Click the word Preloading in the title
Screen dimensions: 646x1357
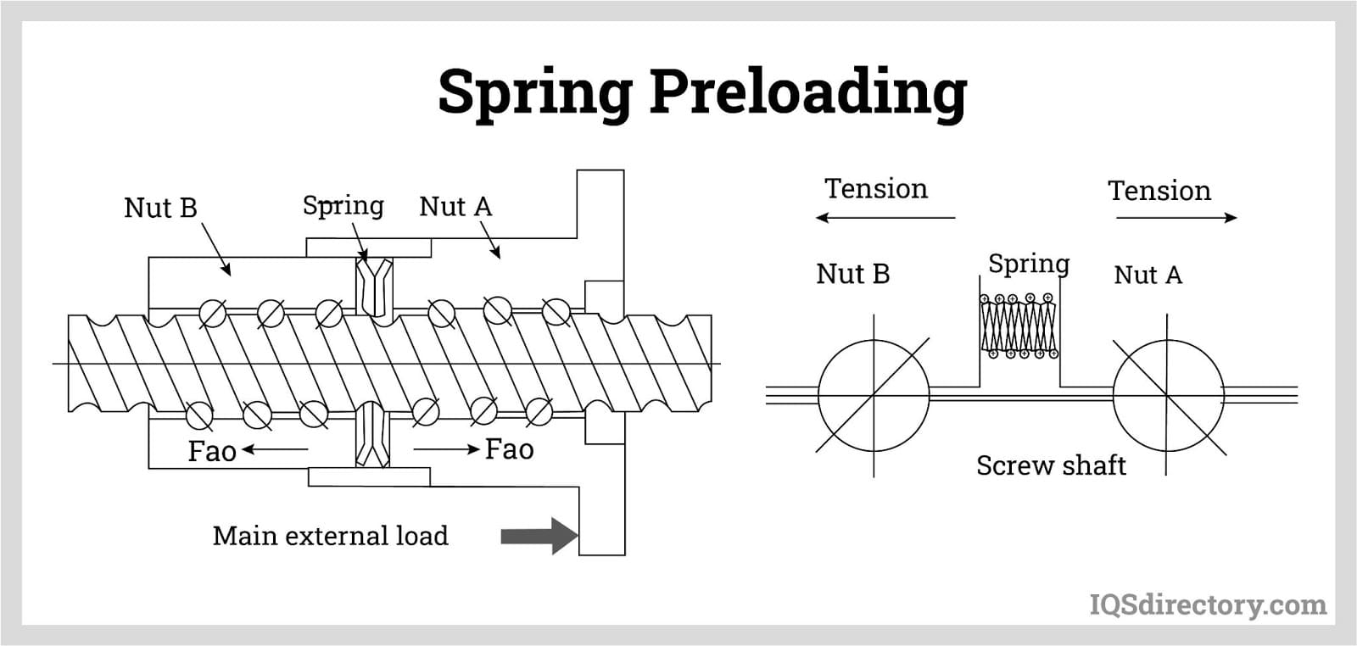[807, 92]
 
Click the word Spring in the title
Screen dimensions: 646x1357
[535, 92]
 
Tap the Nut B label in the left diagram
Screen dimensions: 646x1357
[160, 208]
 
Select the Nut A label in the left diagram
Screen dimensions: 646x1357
[455, 206]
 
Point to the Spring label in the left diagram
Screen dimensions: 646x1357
[343, 205]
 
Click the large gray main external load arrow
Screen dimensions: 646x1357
[539, 536]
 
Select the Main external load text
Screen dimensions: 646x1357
[330, 536]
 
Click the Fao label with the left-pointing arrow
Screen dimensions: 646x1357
[212, 451]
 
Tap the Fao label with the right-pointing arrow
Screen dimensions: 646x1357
[509, 449]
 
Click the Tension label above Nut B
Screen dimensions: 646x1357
[876, 188]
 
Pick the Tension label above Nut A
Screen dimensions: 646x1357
[1159, 191]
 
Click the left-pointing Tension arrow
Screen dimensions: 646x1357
[885, 218]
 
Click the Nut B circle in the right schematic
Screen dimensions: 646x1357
[874, 395]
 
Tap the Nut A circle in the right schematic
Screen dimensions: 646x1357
[1168, 395]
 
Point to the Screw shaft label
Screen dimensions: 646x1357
[1051, 465]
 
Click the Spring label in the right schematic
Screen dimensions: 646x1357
[1029, 264]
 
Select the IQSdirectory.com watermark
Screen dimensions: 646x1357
[1207, 604]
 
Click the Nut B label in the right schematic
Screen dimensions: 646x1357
[852, 274]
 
